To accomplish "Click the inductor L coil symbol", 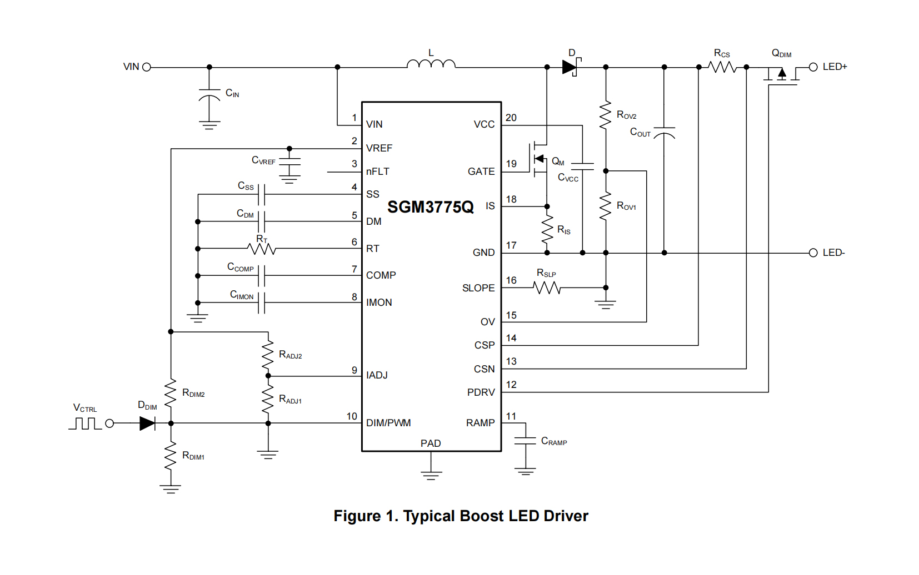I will (431, 64).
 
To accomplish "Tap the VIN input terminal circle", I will (147, 67).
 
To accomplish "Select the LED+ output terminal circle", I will (813, 67).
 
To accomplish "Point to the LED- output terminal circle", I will (813, 253).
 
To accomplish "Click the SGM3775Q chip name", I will (430, 207).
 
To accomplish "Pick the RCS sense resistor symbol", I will (722, 67).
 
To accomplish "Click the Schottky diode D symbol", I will (570, 67).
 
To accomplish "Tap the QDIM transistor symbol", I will (781, 74).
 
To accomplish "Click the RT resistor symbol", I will (262, 249).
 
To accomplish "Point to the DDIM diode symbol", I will (147, 423).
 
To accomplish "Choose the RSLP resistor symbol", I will (547, 287).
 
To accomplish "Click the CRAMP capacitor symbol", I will (525, 441).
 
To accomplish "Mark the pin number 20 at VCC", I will (511, 118).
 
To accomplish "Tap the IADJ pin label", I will (377, 375).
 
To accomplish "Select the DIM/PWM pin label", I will (388, 423).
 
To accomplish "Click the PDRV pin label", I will (481, 392).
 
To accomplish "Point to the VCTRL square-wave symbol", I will (85, 423).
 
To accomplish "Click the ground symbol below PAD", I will (431, 475).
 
